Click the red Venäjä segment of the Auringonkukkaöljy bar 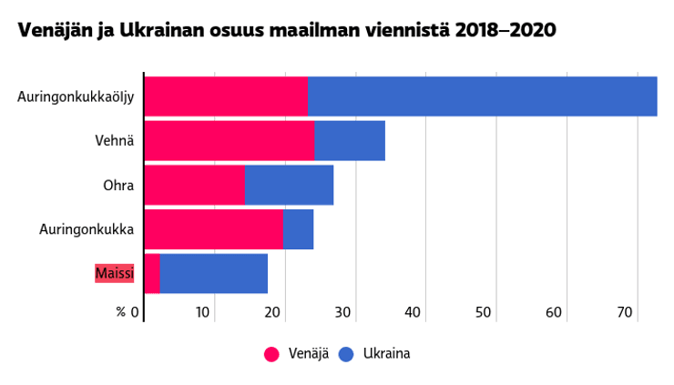[x=226, y=96]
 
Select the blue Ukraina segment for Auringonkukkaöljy [x=482, y=96]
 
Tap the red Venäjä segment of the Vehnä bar [x=230, y=140]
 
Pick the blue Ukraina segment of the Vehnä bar [x=350, y=140]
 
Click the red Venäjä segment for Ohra [x=195, y=185]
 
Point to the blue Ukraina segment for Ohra [x=290, y=185]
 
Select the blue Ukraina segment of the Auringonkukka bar [x=299, y=229]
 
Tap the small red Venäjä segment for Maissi [x=152, y=273]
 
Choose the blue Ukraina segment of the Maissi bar [x=214, y=273]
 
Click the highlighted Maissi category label [x=115, y=273]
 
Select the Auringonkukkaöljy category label [x=76, y=96]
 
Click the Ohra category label [x=118, y=186]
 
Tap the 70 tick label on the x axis [x=625, y=312]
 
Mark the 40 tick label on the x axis [x=414, y=312]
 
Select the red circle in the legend [x=271, y=354]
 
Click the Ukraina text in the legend [x=386, y=354]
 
